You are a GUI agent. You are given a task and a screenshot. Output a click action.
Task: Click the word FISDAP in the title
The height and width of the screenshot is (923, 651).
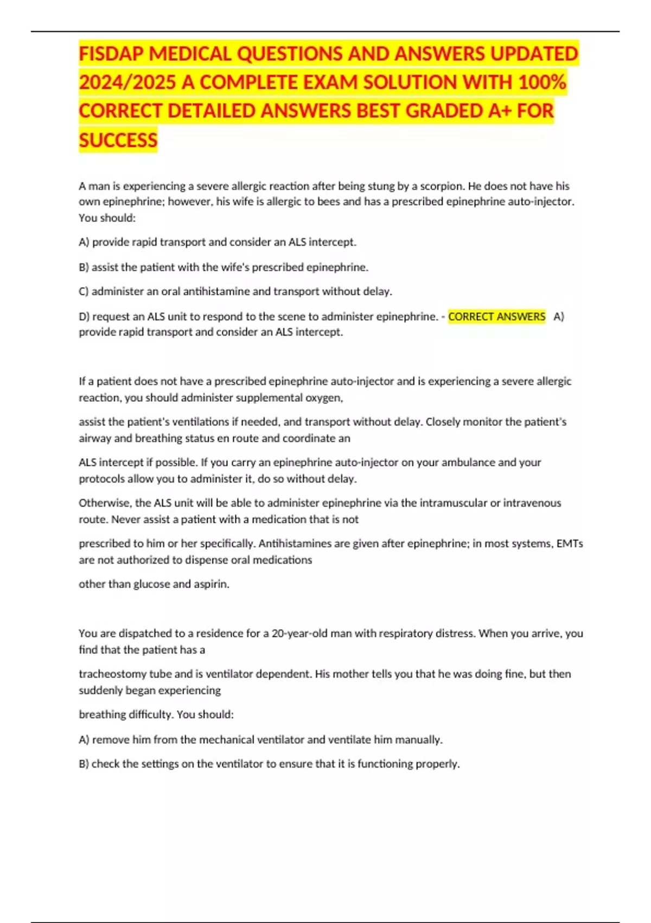click(x=112, y=54)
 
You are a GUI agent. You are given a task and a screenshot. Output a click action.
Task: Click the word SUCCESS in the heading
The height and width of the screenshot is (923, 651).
click(x=118, y=140)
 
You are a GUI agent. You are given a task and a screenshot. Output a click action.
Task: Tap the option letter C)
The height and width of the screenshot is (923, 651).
click(x=84, y=292)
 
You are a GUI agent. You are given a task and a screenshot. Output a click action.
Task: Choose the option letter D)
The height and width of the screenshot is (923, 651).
click(x=84, y=317)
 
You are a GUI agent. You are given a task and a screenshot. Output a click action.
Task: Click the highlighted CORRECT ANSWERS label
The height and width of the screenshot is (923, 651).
click(x=496, y=317)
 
